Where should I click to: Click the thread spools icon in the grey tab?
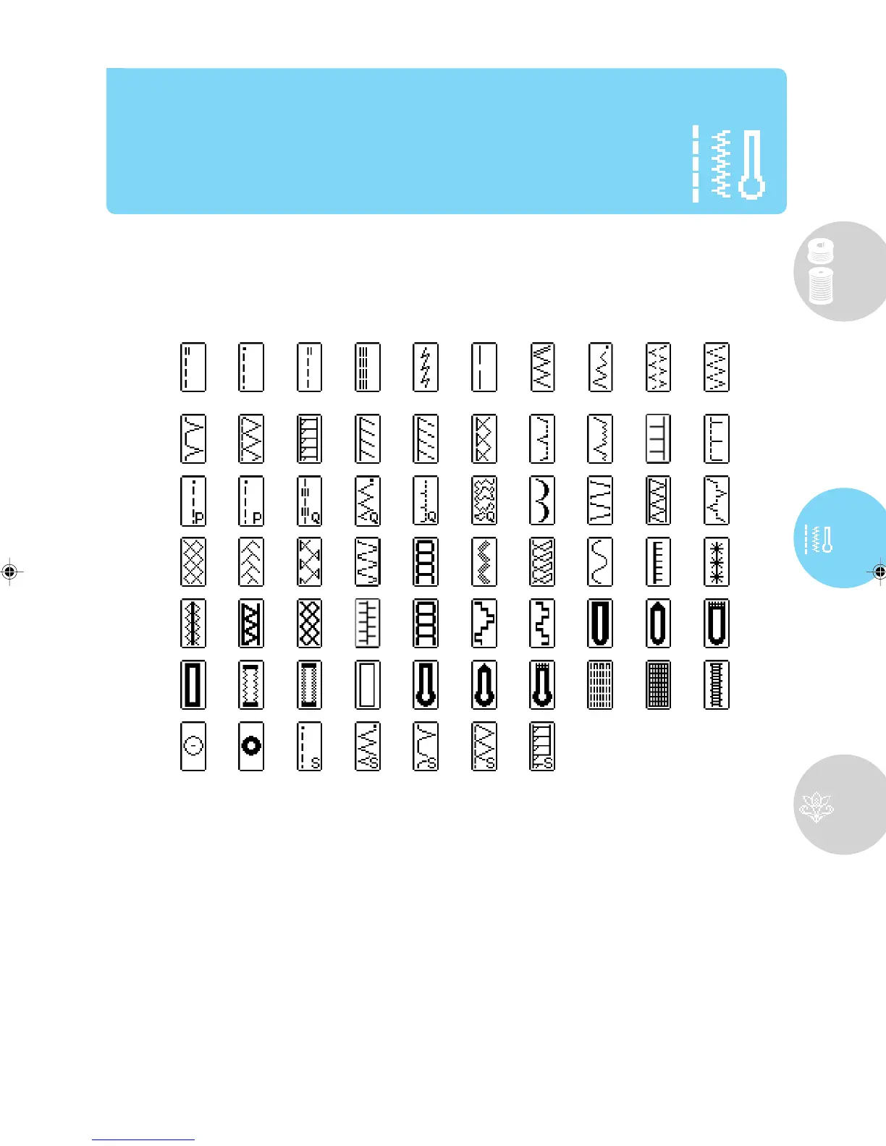pyautogui.click(x=821, y=273)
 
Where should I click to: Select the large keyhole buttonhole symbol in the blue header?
pyautogui.click(x=752, y=165)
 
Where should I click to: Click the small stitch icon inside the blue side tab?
pyautogui.click(x=819, y=540)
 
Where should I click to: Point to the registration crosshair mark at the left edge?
pyautogui.click(x=9, y=572)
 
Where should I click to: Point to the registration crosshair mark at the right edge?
pyautogui.click(x=879, y=572)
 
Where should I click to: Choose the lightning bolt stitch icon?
pyautogui.click(x=426, y=368)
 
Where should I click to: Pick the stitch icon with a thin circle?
pyautogui.click(x=193, y=746)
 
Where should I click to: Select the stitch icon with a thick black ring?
pyautogui.click(x=251, y=746)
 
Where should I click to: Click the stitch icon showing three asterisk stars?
pyautogui.click(x=717, y=561)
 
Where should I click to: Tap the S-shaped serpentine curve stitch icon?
pyautogui.click(x=600, y=561)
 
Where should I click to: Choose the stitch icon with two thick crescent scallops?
pyautogui.click(x=542, y=500)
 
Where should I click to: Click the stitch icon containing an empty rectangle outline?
pyautogui.click(x=368, y=684)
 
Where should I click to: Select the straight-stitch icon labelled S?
pyautogui.click(x=310, y=746)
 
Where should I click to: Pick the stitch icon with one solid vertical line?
pyautogui.click(x=484, y=368)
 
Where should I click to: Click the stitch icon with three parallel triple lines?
pyautogui.click(x=368, y=368)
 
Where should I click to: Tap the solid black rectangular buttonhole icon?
pyautogui.click(x=193, y=684)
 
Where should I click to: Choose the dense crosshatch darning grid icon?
pyautogui.click(x=658, y=684)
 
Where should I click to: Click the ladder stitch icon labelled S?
pyautogui.click(x=542, y=746)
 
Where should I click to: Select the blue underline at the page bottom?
pyautogui.click(x=143, y=1139)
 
